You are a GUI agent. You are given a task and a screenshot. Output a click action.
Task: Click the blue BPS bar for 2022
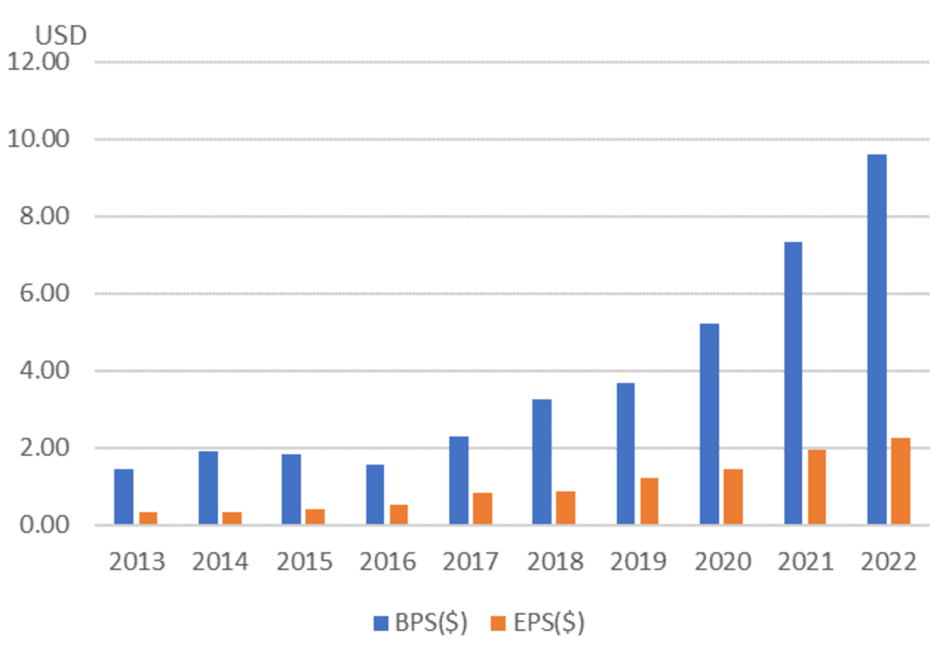click(x=877, y=339)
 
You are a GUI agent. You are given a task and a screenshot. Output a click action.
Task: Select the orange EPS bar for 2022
click(x=900, y=481)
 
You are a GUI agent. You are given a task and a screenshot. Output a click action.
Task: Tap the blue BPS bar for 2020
click(x=709, y=423)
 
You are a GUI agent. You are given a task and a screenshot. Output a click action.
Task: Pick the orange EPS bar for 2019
click(x=649, y=501)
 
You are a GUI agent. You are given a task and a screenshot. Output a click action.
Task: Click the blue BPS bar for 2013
click(x=124, y=497)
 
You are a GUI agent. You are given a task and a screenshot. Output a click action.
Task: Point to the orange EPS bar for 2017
click(x=482, y=508)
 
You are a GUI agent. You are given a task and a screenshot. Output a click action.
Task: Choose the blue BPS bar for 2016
click(x=375, y=494)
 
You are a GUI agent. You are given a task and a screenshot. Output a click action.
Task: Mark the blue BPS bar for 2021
click(x=793, y=382)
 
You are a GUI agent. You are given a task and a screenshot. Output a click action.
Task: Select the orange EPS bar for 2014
click(x=231, y=518)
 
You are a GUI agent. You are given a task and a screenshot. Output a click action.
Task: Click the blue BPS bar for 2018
click(x=542, y=461)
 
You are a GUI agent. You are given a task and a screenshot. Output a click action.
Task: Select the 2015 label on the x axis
click(x=304, y=562)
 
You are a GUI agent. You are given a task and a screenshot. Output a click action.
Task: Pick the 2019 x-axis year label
click(x=638, y=562)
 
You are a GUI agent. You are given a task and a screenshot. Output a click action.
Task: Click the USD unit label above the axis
click(x=61, y=35)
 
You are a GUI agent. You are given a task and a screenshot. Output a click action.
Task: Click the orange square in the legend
click(x=498, y=624)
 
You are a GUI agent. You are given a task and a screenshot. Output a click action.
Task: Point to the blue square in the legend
click(x=381, y=624)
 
